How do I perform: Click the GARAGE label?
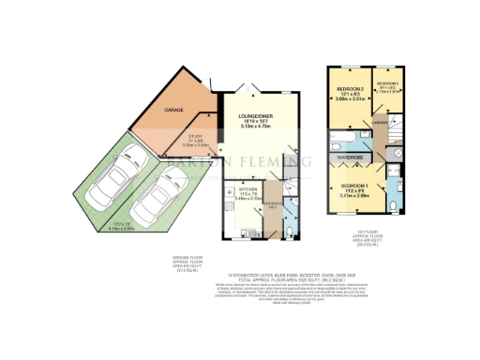(174, 111)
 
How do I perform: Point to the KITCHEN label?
(235, 188)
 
